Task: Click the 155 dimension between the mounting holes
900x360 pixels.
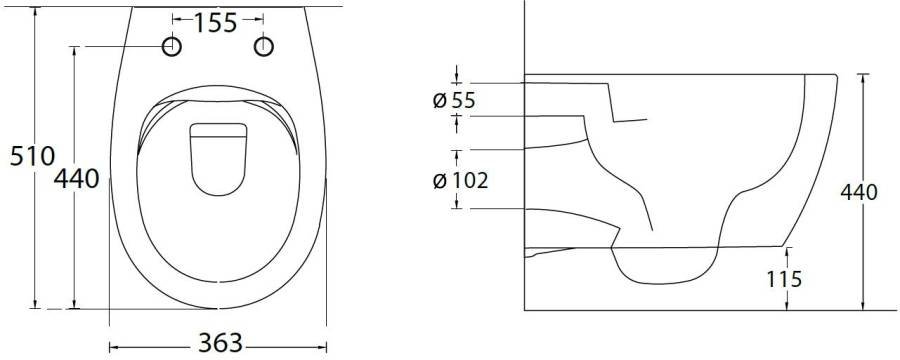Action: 215,23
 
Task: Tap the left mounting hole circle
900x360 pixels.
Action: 172,47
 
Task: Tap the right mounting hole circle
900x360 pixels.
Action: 263,47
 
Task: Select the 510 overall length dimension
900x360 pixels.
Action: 32,156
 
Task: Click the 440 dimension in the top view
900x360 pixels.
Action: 76,179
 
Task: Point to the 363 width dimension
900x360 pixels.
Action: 220,343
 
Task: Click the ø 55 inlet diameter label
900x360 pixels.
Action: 454,100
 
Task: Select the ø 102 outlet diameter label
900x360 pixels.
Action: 460,181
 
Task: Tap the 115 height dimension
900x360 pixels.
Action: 784,279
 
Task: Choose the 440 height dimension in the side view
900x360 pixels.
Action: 859,192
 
